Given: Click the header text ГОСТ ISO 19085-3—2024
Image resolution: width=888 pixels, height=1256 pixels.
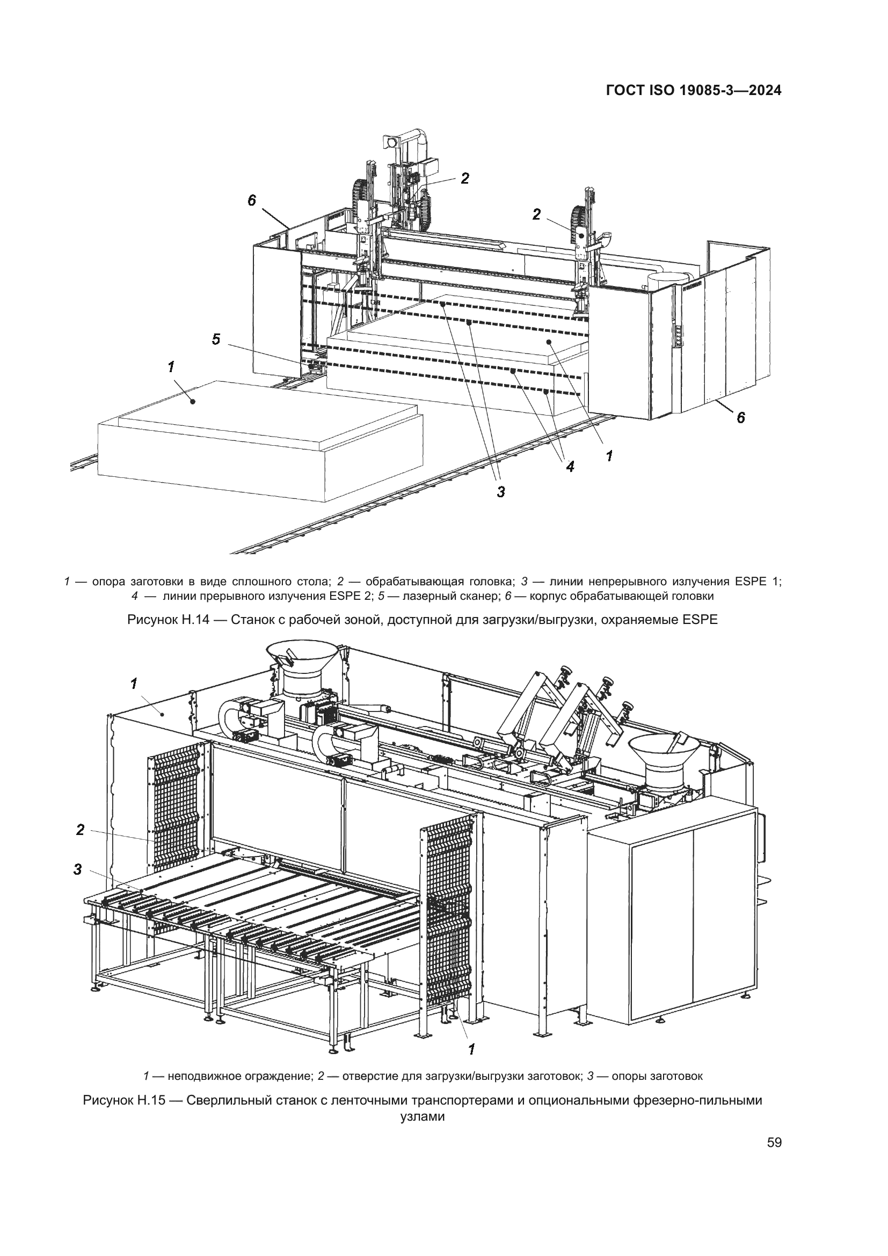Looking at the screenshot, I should pos(693,91).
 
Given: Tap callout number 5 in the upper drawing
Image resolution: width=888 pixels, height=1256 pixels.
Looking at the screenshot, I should pos(216,340).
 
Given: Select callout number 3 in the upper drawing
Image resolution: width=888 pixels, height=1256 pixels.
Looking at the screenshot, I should pos(500,492).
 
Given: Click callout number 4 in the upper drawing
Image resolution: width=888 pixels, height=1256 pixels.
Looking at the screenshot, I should pos(570,466).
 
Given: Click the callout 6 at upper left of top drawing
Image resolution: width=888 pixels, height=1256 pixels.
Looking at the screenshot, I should pos(251,201).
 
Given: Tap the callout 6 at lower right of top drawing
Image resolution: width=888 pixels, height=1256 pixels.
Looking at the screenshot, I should pos(740,417).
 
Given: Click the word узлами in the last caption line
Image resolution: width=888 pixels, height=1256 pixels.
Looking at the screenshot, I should pos(422,1116).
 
